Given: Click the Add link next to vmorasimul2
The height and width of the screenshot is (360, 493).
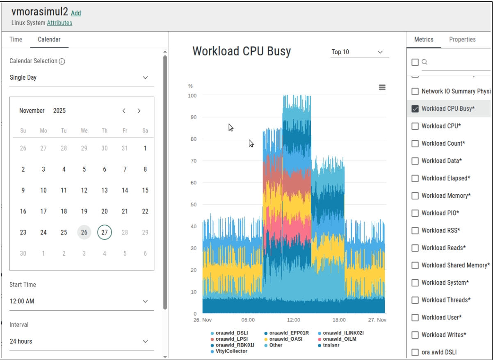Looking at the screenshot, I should pyautogui.click(x=76, y=13).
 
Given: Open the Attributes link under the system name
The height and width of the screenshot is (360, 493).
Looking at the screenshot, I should pyautogui.click(x=59, y=23).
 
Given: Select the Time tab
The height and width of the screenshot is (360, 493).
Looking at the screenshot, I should pyautogui.click(x=16, y=39).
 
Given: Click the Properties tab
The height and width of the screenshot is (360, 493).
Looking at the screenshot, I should pyautogui.click(x=462, y=39).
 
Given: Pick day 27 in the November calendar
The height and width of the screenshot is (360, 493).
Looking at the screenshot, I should pyautogui.click(x=105, y=232).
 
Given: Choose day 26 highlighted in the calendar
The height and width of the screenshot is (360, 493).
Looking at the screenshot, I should pyautogui.click(x=84, y=232).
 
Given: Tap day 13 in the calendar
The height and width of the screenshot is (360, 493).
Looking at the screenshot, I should pyautogui.click(x=105, y=190).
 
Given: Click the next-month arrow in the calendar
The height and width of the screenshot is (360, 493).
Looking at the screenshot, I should pyautogui.click(x=139, y=111).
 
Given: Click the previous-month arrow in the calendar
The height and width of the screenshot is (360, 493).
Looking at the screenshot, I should pyautogui.click(x=124, y=111).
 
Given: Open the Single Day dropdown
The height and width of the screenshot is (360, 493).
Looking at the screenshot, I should pyautogui.click(x=82, y=78).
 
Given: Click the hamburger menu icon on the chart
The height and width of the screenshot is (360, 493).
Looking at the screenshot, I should pyautogui.click(x=382, y=87).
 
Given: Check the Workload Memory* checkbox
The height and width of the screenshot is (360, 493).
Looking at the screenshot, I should pyautogui.click(x=415, y=196).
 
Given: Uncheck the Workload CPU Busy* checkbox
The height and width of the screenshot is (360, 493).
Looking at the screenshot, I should pyautogui.click(x=415, y=109).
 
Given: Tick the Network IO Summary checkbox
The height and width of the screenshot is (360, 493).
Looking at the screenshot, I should pyautogui.click(x=415, y=92).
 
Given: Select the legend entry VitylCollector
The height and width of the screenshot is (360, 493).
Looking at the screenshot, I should pyautogui.click(x=231, y=351).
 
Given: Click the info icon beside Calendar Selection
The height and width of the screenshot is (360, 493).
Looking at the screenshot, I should pyautogui.click(x=62, y=62).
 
